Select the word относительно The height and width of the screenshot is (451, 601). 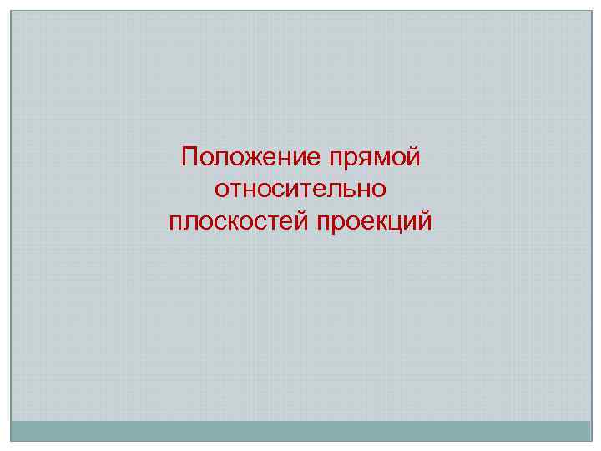(x=300, y=190)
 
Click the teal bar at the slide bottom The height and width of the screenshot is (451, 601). (x=300, y=431)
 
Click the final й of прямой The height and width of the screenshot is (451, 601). (x=413, y=156)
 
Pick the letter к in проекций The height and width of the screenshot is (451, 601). (x=378, y=222)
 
